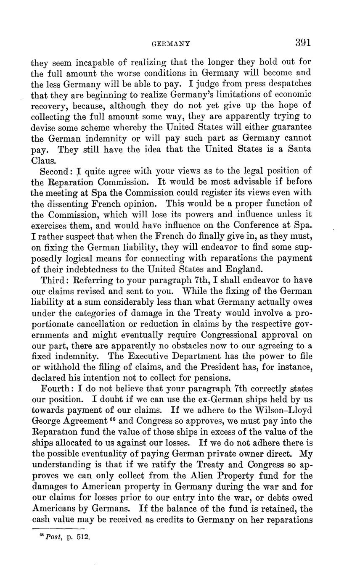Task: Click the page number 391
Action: coord(303,42)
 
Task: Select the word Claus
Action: coord(43,160)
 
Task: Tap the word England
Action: coord(242,269)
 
